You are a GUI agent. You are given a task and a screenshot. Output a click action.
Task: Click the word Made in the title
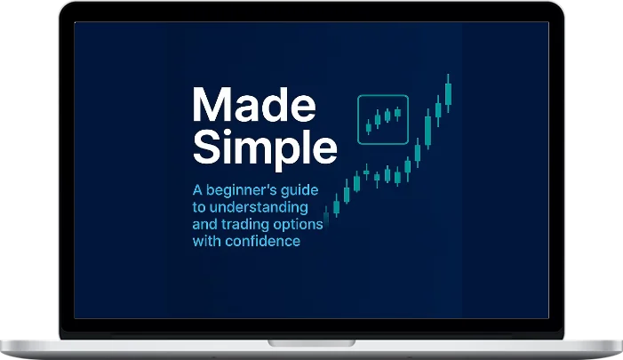pyautogui.click(x=253, y=107)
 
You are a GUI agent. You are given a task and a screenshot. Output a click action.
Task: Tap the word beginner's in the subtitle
pyautogui.click(x=246, y=190)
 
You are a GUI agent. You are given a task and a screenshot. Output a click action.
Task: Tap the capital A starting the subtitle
pyautogui.click(x=197, y=190)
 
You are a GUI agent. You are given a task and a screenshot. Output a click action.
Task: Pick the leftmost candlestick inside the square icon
pyautogui.click(x=368, y=122)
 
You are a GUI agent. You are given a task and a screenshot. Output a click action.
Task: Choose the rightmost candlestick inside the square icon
pyautogui.click(x=397, y=113)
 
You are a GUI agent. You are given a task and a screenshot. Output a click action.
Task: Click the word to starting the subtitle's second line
pyautogui.click(x=200, y=207)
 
